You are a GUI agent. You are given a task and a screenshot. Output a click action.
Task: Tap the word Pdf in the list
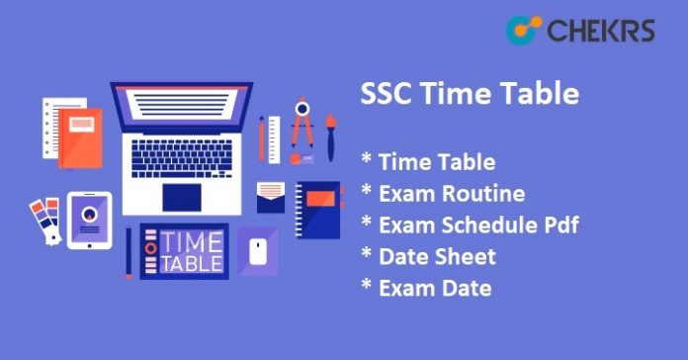coord(559,225)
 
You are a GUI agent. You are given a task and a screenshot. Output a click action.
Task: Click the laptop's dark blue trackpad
coord(182,196)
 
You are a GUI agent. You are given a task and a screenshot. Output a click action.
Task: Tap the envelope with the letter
coord(270,196)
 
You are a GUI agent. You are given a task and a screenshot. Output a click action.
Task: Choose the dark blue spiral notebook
coord(318,209)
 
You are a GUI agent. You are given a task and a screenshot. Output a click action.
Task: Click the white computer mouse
coord(259,251)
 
